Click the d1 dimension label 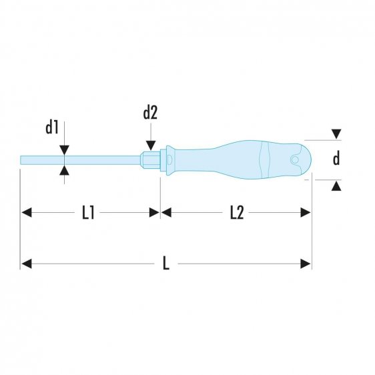pyautogui.click(x=53, y=127)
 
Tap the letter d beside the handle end pyautogui.click(x=337, y=159)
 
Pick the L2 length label pyautogui.click(x=236, y=213)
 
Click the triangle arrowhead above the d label pyautogui.click(x=337, y=135)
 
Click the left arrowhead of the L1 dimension pyautogui.click(x=27, y=213)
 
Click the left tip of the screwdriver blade pyautogui.click(x=23, y=160)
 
